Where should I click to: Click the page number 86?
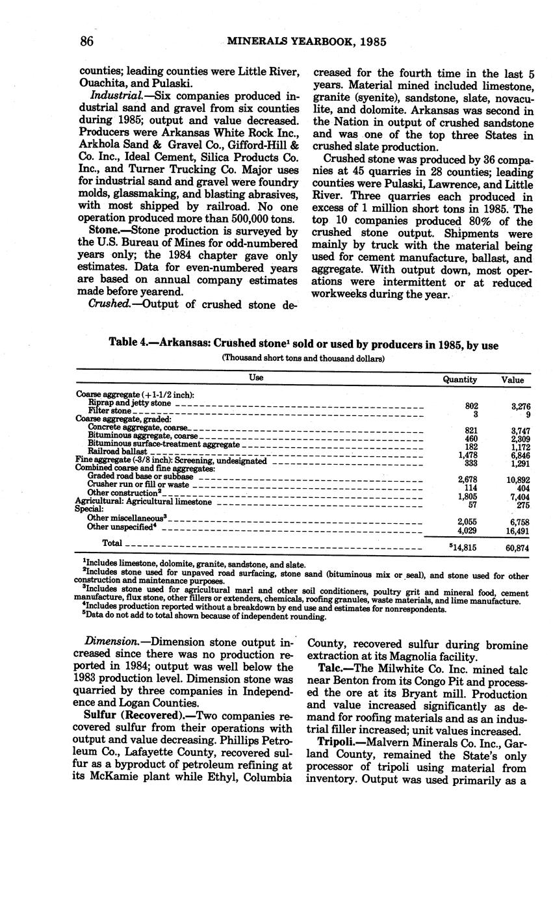(x=88, y=42)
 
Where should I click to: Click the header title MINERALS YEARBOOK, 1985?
(x=307, y=42)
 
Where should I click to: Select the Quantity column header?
(x=459, y=380)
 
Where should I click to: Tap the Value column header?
(x=512, y=380)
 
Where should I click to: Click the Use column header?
(x=256, y=377)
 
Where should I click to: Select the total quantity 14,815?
(x=464, y=547)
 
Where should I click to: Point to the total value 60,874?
(x=517, y=548)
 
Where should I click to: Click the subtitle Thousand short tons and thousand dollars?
(x=303, y=358)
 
